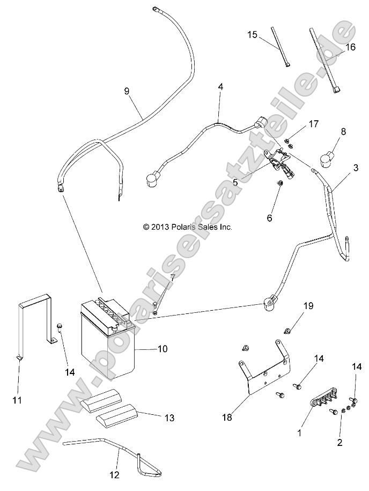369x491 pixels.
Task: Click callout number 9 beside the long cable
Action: [x=127, y=91]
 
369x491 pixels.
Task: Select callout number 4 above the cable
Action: [x=220, y=87]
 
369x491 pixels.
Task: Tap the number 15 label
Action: [x=252, y=35]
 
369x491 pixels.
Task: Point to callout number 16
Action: [x=350, y=47]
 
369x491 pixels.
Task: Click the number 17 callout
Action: [x=313, y=124]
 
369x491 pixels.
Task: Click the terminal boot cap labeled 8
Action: [x=327, y=157]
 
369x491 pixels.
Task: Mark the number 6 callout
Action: [x=269, y=218]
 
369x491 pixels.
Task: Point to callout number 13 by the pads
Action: [x=169, y=417]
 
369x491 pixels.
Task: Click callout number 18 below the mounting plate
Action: [x=227, y=417]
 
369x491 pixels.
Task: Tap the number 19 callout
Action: [x=308, y=306]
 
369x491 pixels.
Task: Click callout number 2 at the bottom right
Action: [x=340, y=443]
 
